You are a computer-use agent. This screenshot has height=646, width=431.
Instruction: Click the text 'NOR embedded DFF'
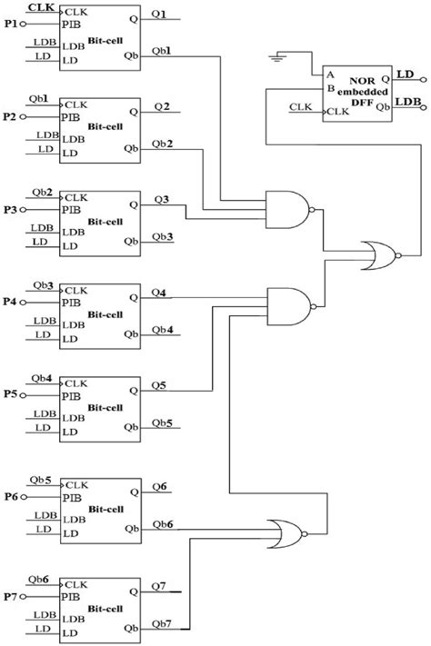[x=366, y=92]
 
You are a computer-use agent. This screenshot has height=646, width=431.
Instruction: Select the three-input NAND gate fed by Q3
[x=287, y=210]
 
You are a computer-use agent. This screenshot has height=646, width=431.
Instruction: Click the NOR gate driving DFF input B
[x=377, y=255]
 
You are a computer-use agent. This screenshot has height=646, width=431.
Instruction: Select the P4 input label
[x=11, y=302]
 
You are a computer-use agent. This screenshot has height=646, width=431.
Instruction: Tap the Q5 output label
[x=160, y=384]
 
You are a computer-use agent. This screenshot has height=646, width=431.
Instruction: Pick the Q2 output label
[x=161, y=106]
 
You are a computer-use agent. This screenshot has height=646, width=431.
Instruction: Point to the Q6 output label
[x=161, y=487]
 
